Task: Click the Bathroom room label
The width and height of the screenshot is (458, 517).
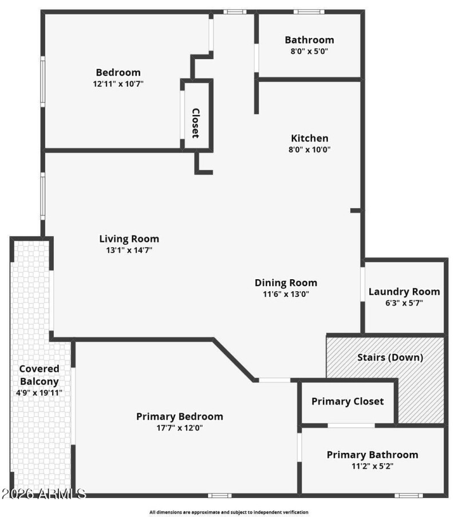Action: click(x=309, y=40)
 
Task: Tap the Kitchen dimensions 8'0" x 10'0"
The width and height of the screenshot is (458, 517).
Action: click(x=310, y=150)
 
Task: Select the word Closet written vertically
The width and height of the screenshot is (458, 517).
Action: click(x=195, y=123)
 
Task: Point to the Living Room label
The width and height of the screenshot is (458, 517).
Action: click(x=129, y=239)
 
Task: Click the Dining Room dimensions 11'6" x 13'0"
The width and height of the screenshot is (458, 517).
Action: click(x=286, y=295)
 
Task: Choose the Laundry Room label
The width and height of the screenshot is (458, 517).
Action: click(x=404, y=292)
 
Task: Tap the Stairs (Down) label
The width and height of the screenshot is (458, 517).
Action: click(x=390, y=357)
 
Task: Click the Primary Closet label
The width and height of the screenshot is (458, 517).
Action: click(x=348, y=401)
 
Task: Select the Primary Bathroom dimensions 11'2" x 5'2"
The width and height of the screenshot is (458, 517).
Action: click(x=372, y=467)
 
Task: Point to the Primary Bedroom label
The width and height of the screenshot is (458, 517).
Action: click(x=179, y=417)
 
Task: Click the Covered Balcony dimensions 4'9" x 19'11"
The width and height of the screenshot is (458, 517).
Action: click(x=40, y=393)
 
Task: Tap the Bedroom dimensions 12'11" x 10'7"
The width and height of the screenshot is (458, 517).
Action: click(x=118, y=84)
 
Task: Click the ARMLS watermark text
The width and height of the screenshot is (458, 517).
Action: click(x=44, y=493)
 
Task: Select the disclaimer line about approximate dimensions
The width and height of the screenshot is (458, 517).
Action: click(x=229, y=512)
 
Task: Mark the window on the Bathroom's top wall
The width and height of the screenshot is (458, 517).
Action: click(x=309, y=11)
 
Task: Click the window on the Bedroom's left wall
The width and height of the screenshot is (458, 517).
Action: click(x=43, y=80)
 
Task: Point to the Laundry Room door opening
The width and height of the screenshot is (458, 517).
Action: click(x=363, y=283)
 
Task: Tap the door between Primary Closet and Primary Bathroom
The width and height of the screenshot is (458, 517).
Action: click(x=351, y=425)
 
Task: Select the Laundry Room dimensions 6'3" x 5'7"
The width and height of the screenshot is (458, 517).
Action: click(x=404, y=303)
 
